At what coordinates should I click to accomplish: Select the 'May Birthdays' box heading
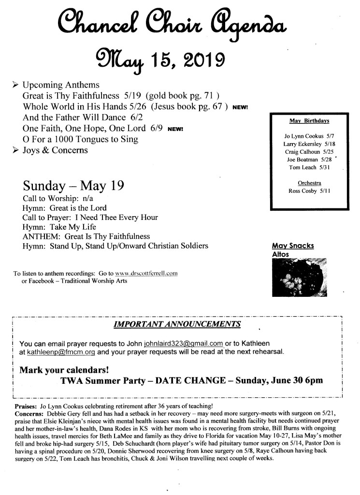point(305,120)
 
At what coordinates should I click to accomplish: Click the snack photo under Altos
point(300,277)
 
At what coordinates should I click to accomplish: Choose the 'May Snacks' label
point(293,246)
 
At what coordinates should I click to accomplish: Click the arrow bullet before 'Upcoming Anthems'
point(15,85)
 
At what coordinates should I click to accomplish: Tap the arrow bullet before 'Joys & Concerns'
point(15,150)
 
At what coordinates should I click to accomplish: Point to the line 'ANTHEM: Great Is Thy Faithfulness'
point(86,236)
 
